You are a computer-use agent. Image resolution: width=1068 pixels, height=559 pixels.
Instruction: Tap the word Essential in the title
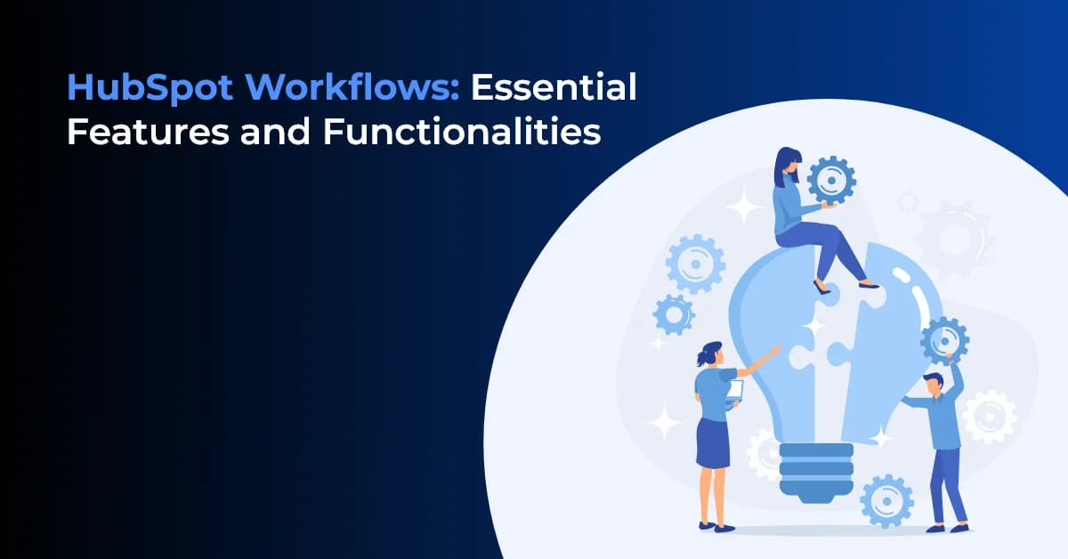click(x=554, y=88)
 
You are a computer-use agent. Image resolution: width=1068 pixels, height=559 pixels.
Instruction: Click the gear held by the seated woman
click(x=831, y=180)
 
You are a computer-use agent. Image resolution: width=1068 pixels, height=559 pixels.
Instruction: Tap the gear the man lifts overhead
click(x=943, y=340)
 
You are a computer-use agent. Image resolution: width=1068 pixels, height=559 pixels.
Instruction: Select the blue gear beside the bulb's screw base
click(x=886, y=499)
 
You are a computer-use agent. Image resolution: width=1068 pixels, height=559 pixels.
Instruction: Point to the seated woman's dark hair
click(x=788, y=165)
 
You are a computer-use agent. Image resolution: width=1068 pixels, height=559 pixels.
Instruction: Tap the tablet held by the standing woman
click(x=735, y=391)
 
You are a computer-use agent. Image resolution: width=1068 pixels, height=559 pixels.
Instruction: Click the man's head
click(x=932, y=385)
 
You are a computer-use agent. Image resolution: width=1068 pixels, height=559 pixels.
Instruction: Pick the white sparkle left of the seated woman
click(x=743, y=207)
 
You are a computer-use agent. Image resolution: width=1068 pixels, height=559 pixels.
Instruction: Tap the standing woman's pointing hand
click(x=773, y=352)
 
